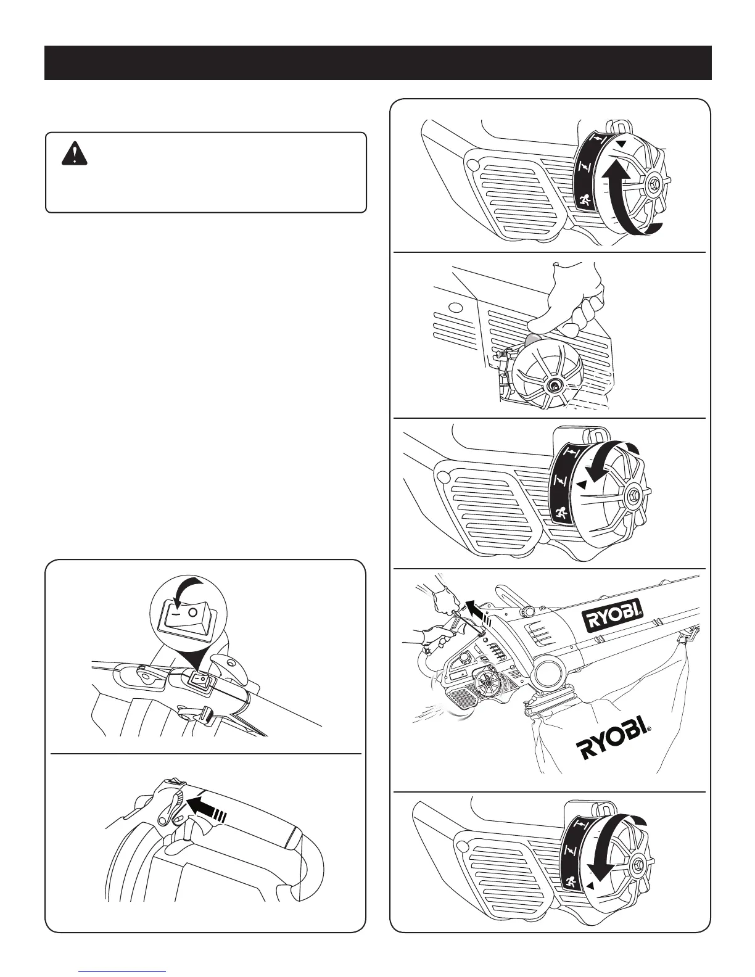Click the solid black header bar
[x=377, y=63]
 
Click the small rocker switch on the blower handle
[x=200, y=679]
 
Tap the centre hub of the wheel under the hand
[x=553, y=385]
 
